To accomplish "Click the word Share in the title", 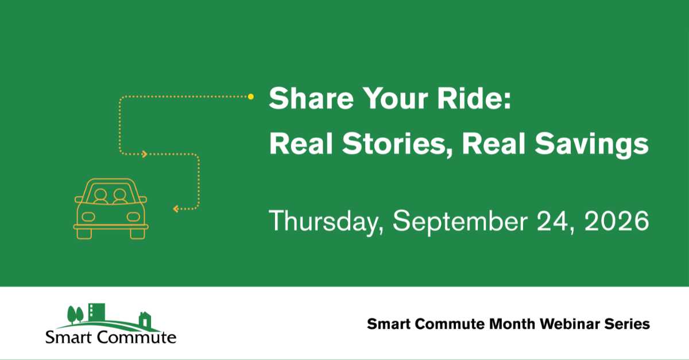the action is (311, 98).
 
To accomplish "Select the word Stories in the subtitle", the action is (394, 144).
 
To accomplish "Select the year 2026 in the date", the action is (617, 220).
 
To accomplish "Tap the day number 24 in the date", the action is (552, 220).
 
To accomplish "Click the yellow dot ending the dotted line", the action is (251, 96).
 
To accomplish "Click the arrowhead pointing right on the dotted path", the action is (144, 154).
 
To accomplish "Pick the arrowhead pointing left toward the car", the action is (176, 209).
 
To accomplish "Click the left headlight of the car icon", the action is (88, 217).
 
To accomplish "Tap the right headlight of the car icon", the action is (133, 217).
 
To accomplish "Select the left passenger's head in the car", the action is (100, 195).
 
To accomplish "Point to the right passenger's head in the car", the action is (119, 195).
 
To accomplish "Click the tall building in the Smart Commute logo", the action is (96, 312).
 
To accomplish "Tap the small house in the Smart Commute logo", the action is (145, 320).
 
